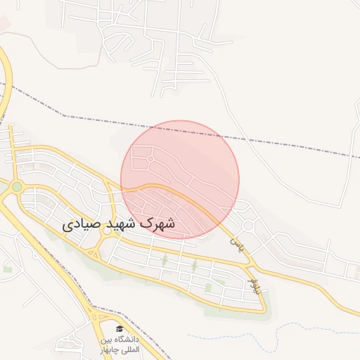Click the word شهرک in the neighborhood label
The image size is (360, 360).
pyautogui.click(x=157, y=224)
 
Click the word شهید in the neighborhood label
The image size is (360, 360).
pyautogui.click(x=119, y=224)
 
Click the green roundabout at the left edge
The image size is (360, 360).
pyautogui.click(x=16, y=187)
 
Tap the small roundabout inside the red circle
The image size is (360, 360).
pyautogui.click(x=150, y=160)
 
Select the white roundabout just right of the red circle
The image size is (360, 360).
pyautogui.click(x=248, y=226)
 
